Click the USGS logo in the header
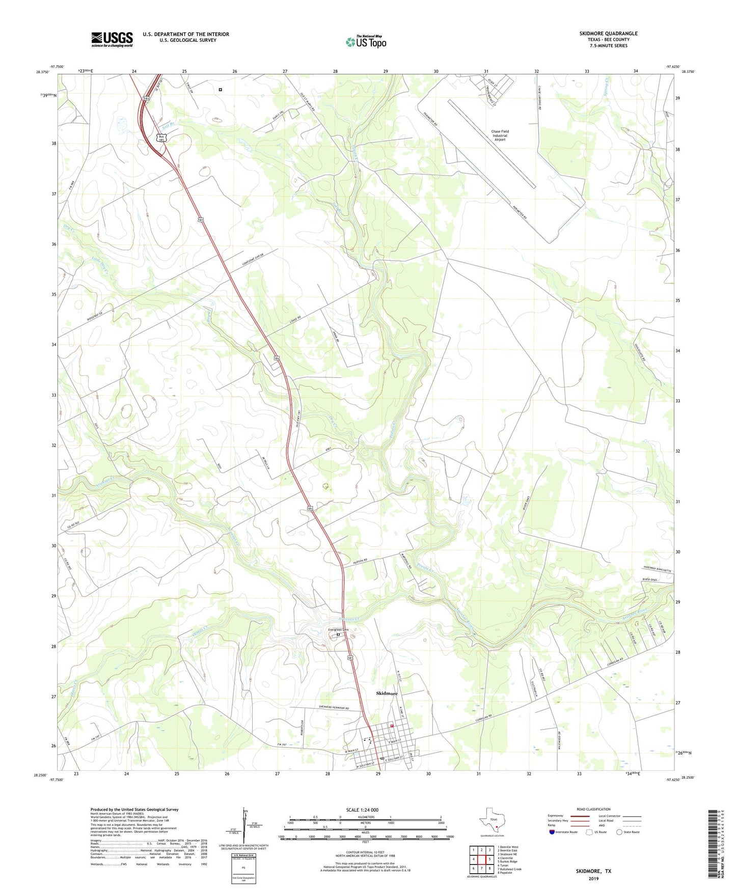pos(112,39)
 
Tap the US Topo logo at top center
pos(366,41)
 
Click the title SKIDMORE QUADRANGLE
pos(608,34)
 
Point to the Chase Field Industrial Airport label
pos(500,135)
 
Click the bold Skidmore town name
pos(387,693)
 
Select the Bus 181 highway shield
pos(161,138)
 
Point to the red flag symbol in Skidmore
pos(392,726)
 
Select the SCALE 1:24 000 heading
pos(362,810)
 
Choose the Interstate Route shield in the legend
pos(553,832)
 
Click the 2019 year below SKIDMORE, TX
pos(593,879)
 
